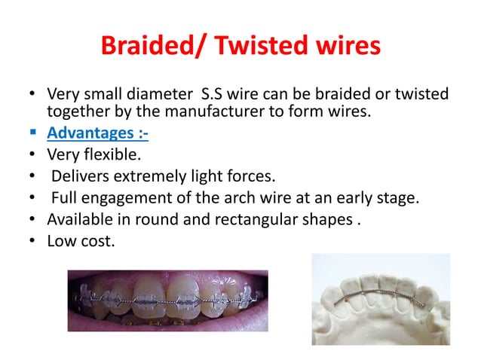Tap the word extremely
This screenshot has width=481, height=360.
pos(146,178)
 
